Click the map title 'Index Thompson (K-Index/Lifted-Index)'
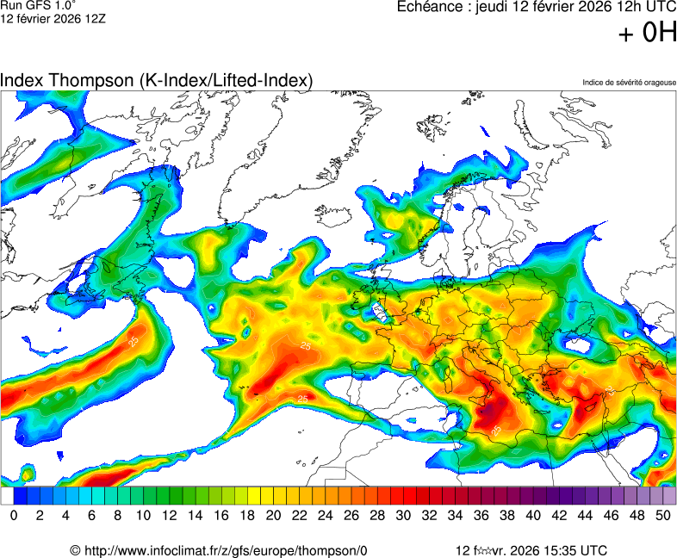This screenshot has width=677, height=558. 156,80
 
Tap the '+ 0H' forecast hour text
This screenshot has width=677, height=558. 648,34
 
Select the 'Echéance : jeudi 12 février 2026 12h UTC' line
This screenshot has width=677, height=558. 536,7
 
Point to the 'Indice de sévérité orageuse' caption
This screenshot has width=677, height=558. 629,83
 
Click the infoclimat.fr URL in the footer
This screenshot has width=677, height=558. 226,550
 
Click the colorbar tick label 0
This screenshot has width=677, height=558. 14,515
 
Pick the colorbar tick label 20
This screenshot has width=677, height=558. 273,515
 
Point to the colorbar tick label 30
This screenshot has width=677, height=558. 403,515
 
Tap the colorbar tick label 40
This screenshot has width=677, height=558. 533,515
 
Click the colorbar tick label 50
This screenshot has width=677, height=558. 663,515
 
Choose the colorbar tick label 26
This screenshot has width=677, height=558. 351,515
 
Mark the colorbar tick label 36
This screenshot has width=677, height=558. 481,515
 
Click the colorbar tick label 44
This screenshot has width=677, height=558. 585,515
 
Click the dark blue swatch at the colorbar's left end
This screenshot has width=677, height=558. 20,496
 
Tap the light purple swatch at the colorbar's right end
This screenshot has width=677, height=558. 669,496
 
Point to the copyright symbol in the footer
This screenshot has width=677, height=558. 76,550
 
